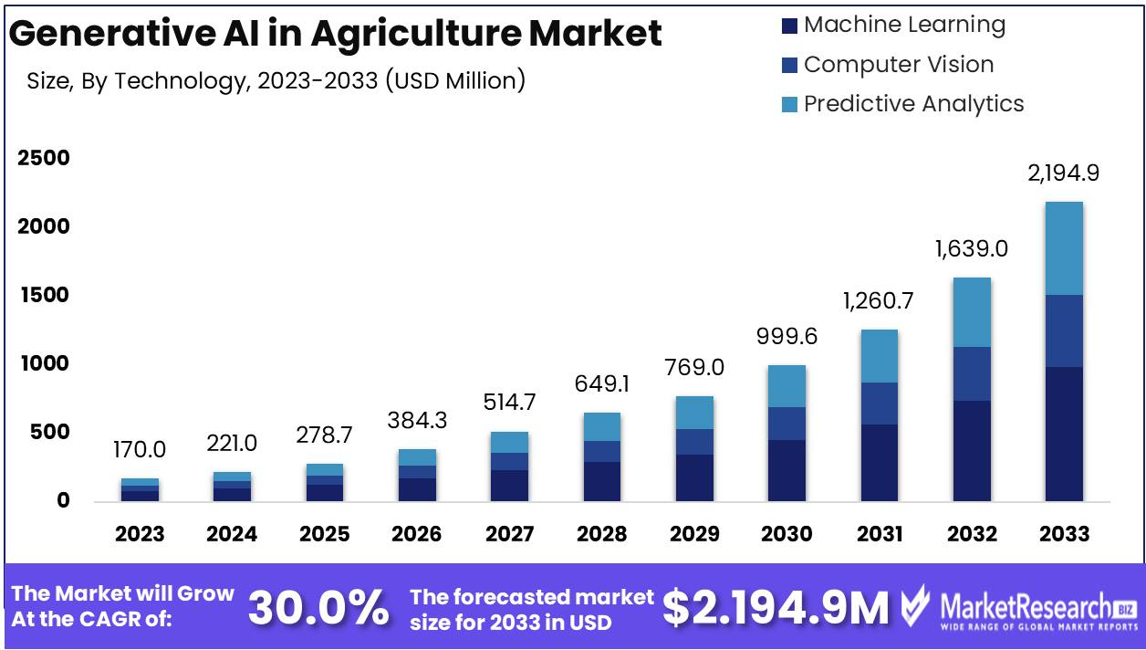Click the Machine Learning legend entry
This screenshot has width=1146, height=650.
tap(903, 25)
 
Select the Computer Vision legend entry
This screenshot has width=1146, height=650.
tap(898, 65)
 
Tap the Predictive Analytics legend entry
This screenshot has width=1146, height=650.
tap(913, 104)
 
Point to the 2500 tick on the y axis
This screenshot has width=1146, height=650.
tap(44, 158)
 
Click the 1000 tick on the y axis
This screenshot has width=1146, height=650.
tap(44, 363)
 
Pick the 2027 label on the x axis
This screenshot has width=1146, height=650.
tap(510, 534)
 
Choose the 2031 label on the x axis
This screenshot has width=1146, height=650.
tap(880, 534)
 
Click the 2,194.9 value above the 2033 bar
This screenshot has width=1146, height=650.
tap(1063, 173)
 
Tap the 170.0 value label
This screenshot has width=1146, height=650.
tap(140, 449)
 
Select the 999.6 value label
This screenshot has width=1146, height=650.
tap(787, 336)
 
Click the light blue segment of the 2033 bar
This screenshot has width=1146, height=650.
tap(1063, 248)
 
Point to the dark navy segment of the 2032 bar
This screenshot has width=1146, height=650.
tap(971, 450)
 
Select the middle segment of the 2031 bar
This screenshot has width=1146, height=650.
tap(880, 403)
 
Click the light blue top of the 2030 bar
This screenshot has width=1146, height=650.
tap(787, 386)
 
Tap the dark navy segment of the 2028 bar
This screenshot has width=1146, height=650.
tap(602, 481)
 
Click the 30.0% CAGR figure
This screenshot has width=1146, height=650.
tap(318, 608)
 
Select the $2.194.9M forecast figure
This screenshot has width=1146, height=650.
tap(776, 608)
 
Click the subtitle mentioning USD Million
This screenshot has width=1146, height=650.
tap(276, 81)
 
